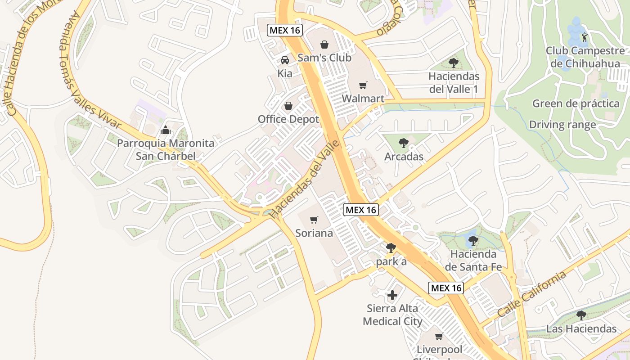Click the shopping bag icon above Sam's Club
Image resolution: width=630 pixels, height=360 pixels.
pos(324,45)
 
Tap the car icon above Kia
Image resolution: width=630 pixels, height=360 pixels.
pos(285,60)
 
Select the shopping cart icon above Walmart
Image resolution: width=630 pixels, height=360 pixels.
pos(363,85)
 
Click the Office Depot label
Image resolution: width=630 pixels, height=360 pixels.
pos(288,119)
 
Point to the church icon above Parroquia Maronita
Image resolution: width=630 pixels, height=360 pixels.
pos(166,130)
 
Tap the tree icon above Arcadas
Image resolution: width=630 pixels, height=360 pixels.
pos(404,143)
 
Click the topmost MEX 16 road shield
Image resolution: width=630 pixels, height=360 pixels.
pos(285,30)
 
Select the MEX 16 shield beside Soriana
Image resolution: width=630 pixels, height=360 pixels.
pos(360,210)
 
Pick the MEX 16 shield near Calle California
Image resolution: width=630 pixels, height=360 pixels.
pos(445,288)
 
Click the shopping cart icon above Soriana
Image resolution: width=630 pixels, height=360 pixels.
pos(314,220)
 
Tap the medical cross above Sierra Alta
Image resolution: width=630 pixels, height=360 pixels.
pos(392,295)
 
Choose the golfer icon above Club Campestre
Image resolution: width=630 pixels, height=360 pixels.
pos(585,37)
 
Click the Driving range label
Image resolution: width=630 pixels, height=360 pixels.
pos(562,125)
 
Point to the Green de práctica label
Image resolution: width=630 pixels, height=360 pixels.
pos(576,103)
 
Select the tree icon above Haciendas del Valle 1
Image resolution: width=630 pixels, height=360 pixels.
pos(454,63)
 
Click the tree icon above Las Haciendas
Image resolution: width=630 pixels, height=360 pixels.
pos(581,315)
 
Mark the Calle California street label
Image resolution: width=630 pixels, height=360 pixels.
pos(532,295)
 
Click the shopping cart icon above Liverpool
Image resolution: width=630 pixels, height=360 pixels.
pos(439,336)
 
